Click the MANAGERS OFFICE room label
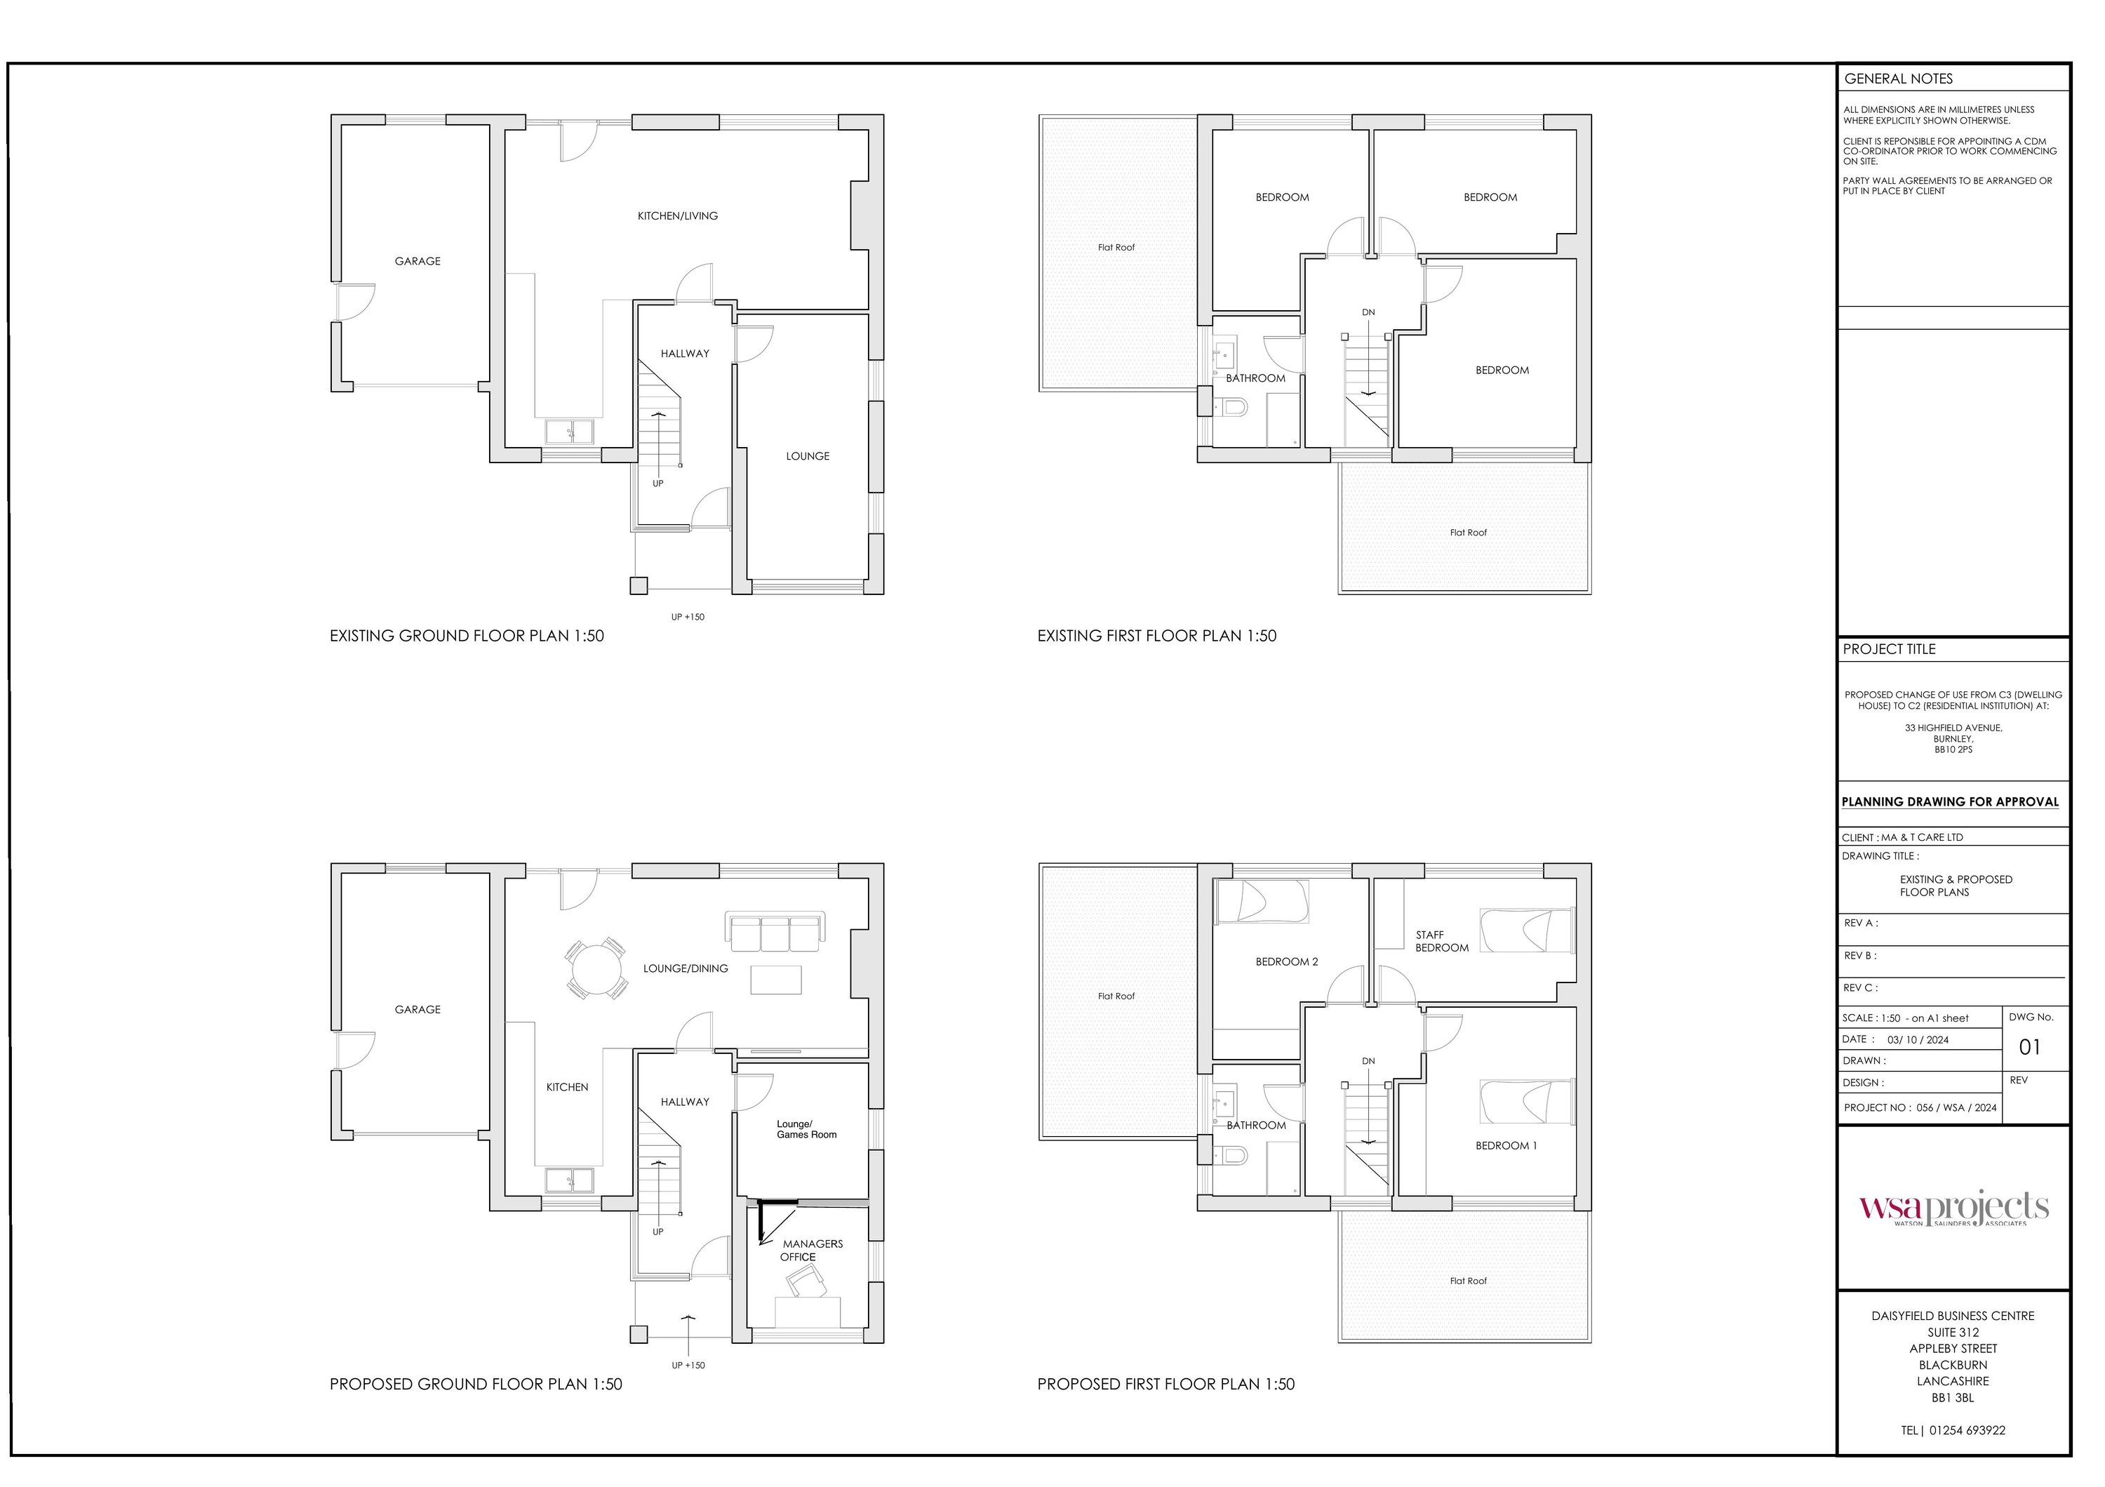[x=813, y=1251]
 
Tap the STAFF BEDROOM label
[x=1442, y=942]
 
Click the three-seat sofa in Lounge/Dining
[x=775, y=931]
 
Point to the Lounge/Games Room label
[x=807, y=1129]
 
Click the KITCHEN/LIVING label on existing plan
[x=678, y=216]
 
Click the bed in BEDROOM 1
[x=1528, y=1102]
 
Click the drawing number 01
[x=2030, y=1047]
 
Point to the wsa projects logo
[x=1953, y=1208]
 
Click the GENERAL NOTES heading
[x=1899, y=79]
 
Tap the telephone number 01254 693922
[x=1967, y=1430]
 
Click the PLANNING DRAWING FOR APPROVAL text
[x=1950, y=802]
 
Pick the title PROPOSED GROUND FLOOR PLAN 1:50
[x=476, y=1385]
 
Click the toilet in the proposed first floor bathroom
[x=1232, y=1156]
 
